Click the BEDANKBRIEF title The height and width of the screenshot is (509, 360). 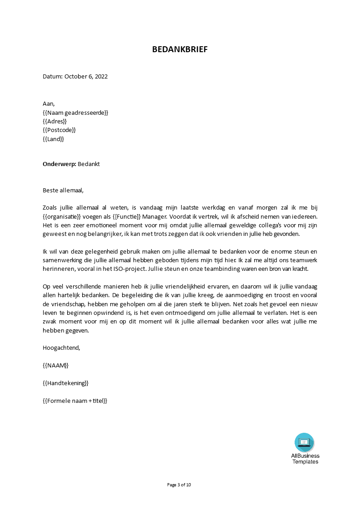180,50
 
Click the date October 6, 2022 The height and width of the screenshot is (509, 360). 86,77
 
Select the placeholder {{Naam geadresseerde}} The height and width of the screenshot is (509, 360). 75,113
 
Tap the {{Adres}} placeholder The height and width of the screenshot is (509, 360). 54,122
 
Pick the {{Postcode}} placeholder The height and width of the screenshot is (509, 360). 59,130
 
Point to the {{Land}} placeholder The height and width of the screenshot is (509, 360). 53,139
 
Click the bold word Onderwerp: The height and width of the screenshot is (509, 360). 59,164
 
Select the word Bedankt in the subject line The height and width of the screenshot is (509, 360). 89,164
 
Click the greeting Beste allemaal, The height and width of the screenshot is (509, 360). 63,191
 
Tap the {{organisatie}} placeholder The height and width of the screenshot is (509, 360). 63,217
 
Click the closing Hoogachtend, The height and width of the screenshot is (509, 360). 61,348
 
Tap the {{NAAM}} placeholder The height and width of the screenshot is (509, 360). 55,366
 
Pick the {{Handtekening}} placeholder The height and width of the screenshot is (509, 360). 65,383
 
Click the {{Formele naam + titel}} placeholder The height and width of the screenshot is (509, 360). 75,401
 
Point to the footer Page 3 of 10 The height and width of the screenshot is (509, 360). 179,485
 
